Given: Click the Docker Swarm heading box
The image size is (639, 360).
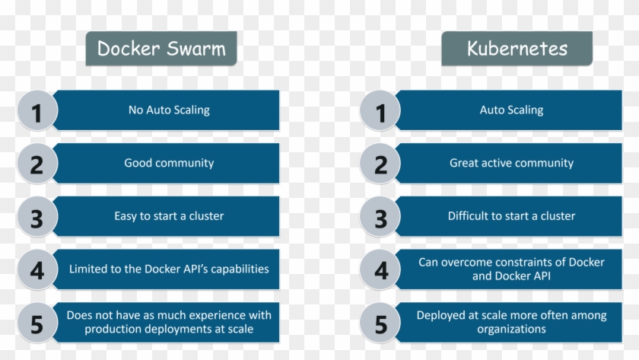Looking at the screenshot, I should [161, 49].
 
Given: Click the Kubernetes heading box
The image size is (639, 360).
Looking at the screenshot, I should [517, 49].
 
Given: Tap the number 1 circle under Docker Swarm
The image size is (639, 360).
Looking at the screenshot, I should [37, 111].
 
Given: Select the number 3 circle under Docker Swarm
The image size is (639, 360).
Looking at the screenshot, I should [37, 217].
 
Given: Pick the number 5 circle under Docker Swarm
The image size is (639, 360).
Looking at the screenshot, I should [37, 323].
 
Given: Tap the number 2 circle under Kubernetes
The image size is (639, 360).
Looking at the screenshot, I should [380, 164].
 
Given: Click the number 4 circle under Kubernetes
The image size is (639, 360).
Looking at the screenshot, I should [380, 269].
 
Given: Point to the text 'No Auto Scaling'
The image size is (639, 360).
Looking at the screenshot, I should [169, 110].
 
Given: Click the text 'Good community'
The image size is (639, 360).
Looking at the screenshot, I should [169, 163].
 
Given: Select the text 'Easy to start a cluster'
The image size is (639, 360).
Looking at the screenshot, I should [169, 216].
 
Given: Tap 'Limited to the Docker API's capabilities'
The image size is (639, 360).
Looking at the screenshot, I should [169, 269].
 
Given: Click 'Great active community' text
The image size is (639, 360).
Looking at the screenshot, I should [511, 163].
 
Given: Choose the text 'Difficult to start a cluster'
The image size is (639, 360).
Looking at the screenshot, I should [511, 216].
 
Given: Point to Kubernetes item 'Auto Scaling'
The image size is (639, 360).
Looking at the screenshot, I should [511, 110].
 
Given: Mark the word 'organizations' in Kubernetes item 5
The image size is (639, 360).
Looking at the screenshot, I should [511, 330].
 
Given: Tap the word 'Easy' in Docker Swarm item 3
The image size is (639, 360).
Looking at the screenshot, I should [125, 216].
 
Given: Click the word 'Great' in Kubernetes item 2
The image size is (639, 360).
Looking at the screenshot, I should [464, 163].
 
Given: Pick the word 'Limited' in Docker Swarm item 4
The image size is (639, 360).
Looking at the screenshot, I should [87, 269].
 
